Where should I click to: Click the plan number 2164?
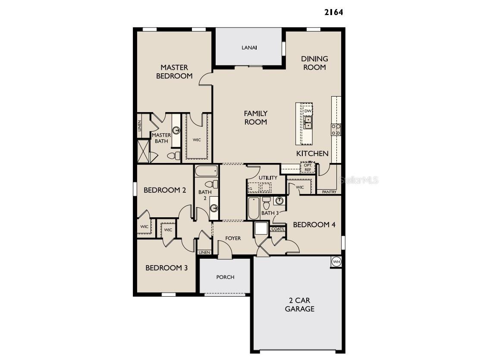click(333, 12)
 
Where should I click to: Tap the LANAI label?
click(249, 48)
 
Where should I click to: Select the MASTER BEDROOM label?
click(174, 72)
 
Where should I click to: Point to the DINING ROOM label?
click(314, 63)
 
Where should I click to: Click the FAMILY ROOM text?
click(256, 118)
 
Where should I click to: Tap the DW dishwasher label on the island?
click(307, 111)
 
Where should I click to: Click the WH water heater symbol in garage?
click(336, 262)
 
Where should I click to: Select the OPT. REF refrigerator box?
click(307, 168)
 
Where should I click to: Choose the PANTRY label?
click(329, 192)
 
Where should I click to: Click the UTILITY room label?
click(268, 178)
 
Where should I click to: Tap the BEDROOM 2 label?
click(165, 190)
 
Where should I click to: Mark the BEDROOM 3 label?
click(166, 268)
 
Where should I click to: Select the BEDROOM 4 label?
click(314, 225)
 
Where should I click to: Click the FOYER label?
click(233, 238)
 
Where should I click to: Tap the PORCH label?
click(225, 277)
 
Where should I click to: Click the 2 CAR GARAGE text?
click(299, 304)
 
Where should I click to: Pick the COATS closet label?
click(278, 229)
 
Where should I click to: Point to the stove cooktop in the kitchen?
click(336, 129)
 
